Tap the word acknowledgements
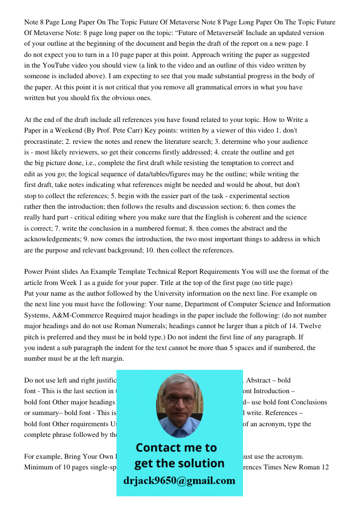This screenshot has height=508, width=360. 54,239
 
